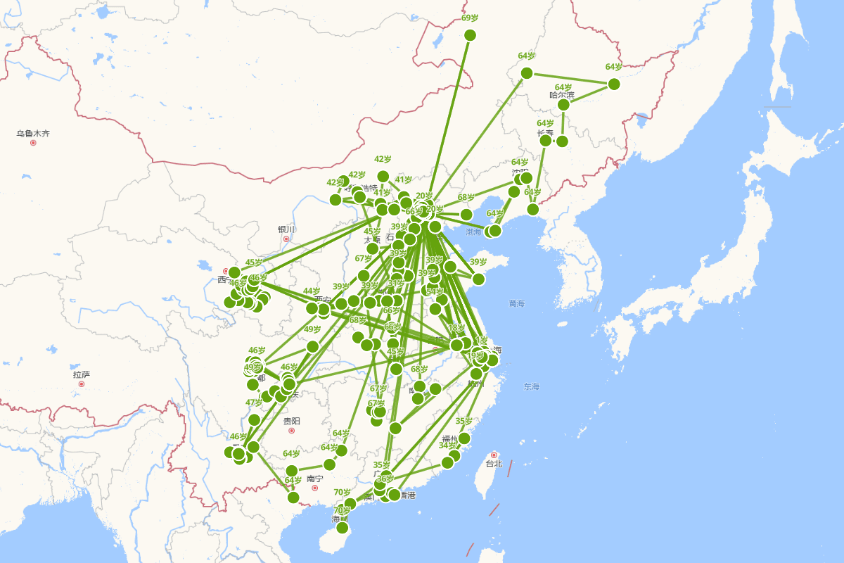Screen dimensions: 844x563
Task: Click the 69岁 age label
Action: click(470, 18)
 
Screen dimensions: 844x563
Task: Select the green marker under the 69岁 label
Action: click(471, 35)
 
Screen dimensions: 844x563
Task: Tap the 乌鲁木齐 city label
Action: click(34, 133)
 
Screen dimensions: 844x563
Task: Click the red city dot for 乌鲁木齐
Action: click(33, 143)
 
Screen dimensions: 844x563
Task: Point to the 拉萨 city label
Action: click(82, 374)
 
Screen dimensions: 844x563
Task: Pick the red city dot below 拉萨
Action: click(82, 384)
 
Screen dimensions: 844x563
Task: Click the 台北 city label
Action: click(494, 464)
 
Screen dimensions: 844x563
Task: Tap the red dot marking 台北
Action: click(494, 455)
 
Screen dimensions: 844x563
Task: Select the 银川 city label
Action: click(286, 229)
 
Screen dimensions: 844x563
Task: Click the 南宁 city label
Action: click(314, 479)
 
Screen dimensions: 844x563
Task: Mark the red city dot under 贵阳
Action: click(292, 431)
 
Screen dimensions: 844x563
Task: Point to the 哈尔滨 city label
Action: click(562, 95)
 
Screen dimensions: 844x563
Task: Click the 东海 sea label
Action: click(531, 386)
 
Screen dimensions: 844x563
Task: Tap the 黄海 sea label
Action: click(517, 303)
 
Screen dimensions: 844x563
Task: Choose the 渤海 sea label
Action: click(474, 232)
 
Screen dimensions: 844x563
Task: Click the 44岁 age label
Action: click(312, 291)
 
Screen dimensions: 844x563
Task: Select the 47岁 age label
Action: click(254, 403)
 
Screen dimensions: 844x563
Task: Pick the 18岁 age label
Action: click(456, 328)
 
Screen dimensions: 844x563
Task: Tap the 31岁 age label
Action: click(396, 284)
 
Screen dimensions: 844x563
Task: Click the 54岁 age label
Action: click(435, 291)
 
